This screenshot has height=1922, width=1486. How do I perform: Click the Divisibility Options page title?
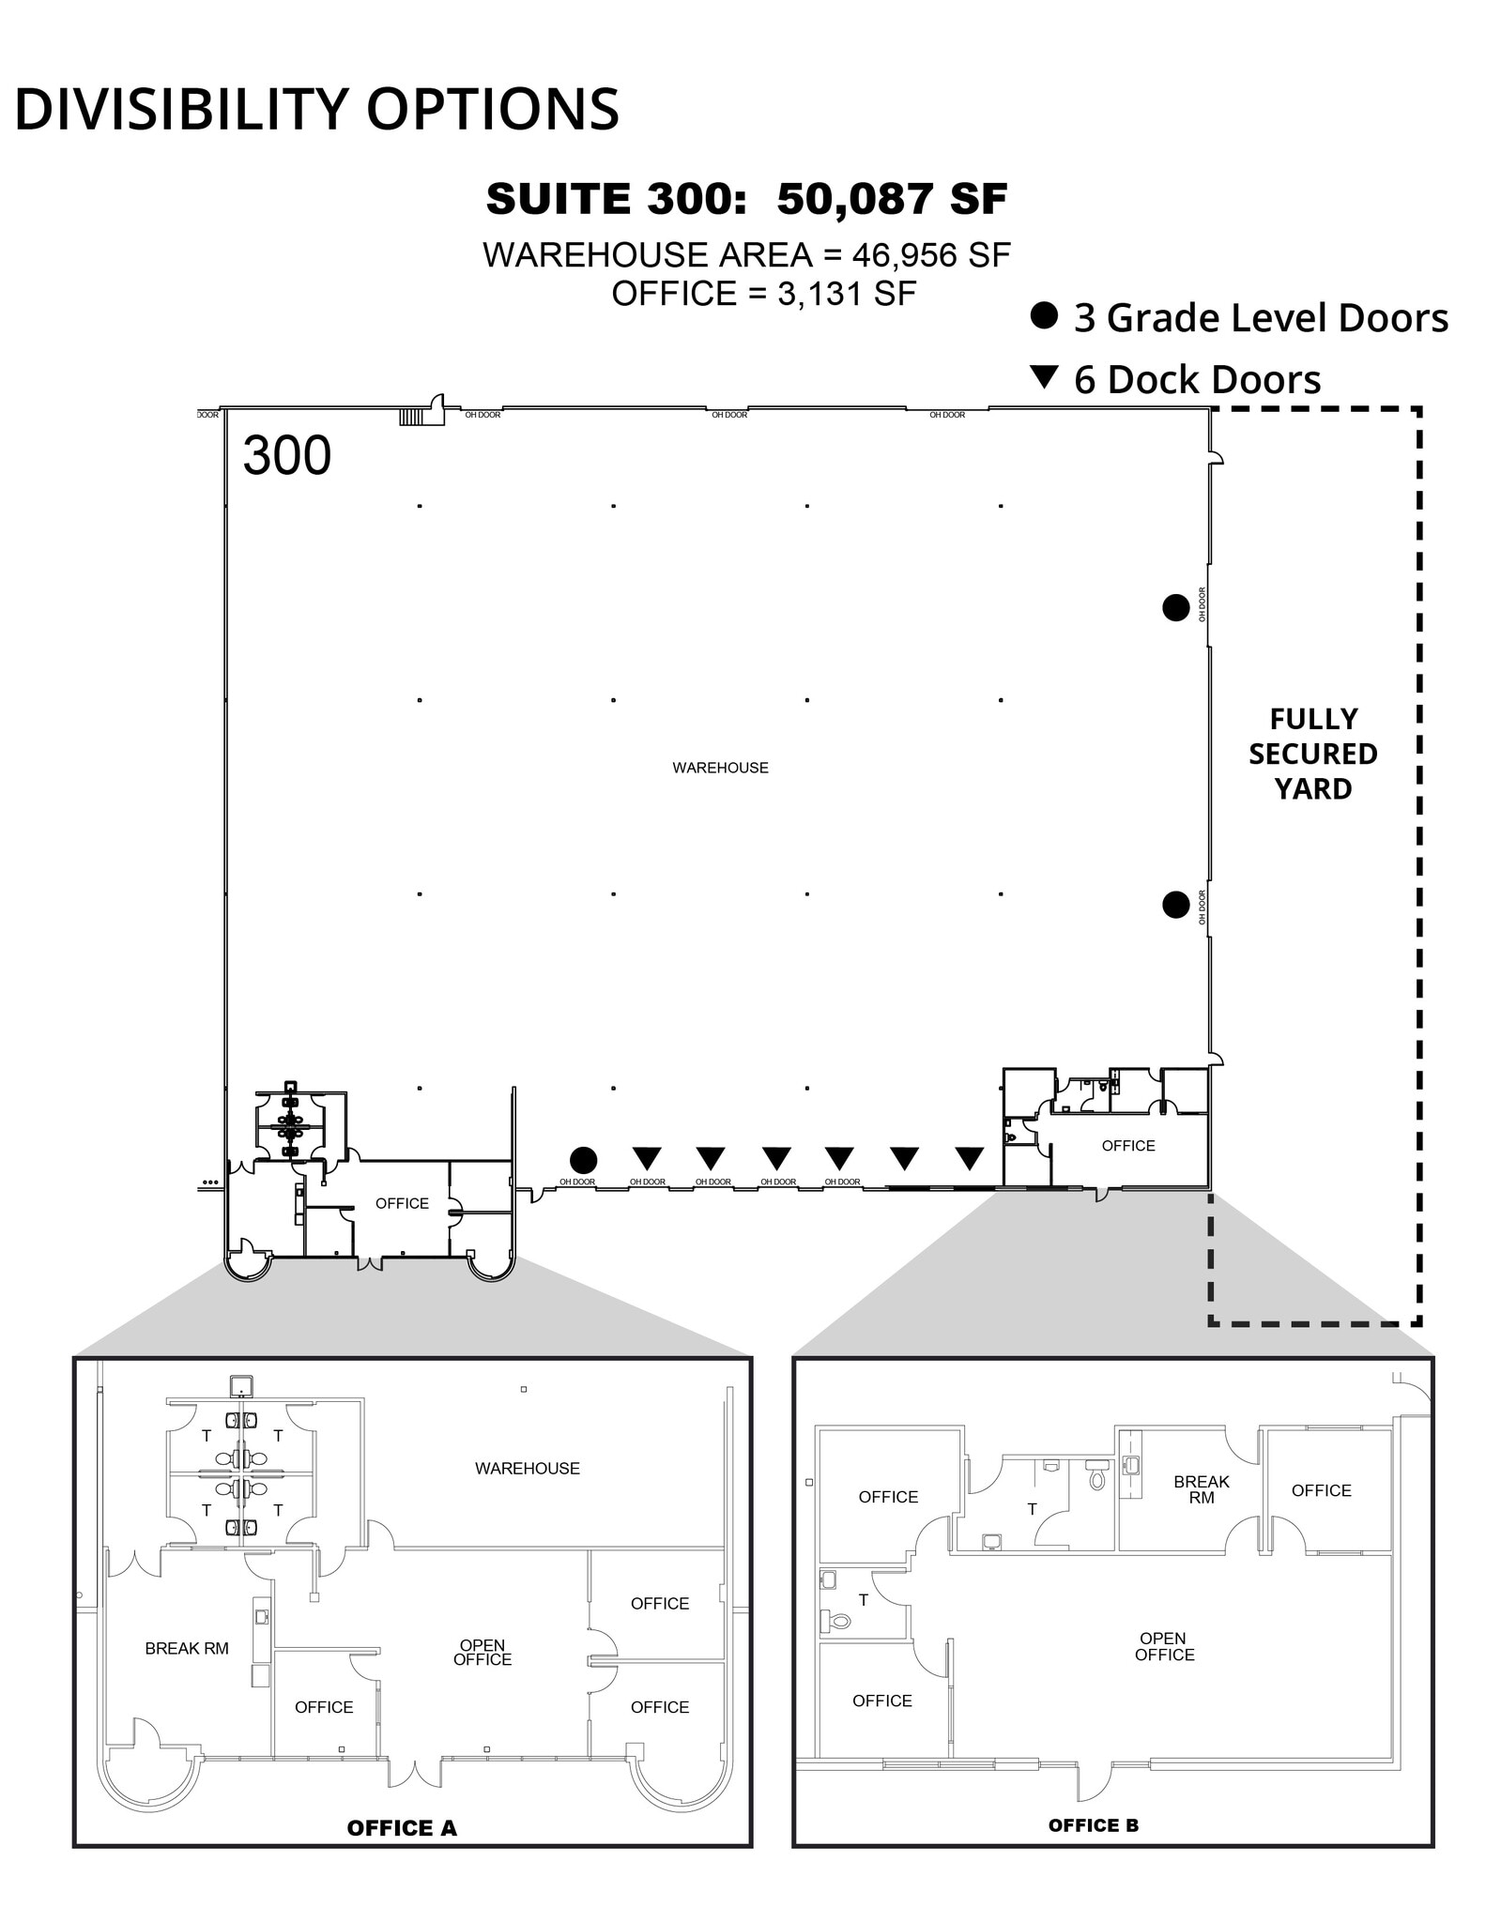(316, 109)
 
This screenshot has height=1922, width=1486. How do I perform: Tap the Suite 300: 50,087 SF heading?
(746, 198)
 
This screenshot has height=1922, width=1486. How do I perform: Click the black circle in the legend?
(1044, 315)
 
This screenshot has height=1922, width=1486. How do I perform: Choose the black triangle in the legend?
(1044, 377)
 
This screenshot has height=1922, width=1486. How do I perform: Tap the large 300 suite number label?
(286, 456)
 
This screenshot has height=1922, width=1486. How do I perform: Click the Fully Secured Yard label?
(1312, 754)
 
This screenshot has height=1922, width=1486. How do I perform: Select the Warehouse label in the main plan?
(720, 768)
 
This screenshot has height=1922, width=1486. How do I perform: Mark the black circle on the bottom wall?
(583, 1160)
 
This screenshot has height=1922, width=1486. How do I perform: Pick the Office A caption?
(402, 1827)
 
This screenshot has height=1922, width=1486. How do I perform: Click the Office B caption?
(1093, 1824)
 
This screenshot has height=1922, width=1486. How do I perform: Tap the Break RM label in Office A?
(187, 1648)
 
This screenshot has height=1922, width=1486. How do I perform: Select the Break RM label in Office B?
(1201, 1489)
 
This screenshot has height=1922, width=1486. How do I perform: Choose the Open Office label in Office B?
(1164, 1646)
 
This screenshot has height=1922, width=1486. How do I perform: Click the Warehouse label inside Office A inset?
(528, 1468)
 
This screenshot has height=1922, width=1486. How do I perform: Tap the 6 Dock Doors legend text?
(1197, 379)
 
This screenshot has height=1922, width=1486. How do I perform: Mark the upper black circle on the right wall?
(1175, 608)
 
